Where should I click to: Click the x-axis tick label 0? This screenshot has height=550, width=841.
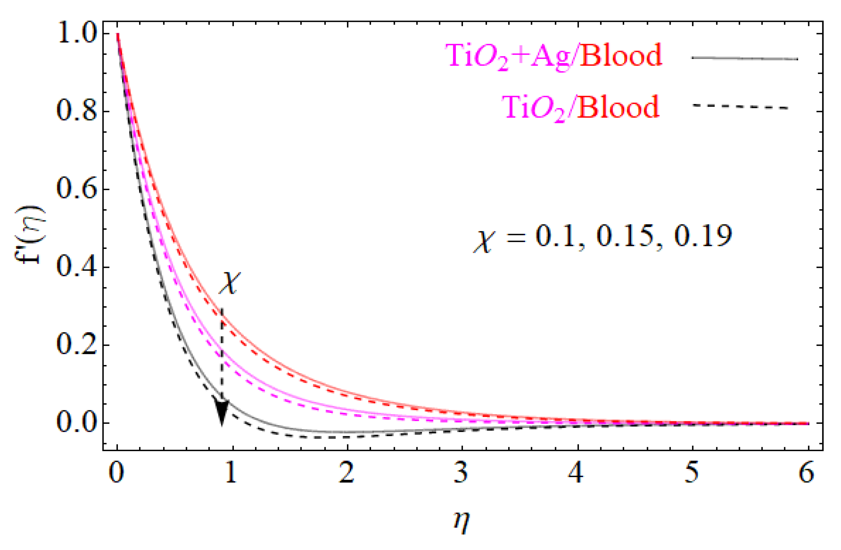pos(117,473)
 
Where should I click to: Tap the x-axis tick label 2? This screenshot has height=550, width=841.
pos(347,473)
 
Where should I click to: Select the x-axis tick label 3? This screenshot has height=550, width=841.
pos(462,473)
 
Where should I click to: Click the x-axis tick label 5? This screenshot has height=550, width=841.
pos(692,473)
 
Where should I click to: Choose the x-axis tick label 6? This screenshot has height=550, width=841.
pos(807,473)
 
